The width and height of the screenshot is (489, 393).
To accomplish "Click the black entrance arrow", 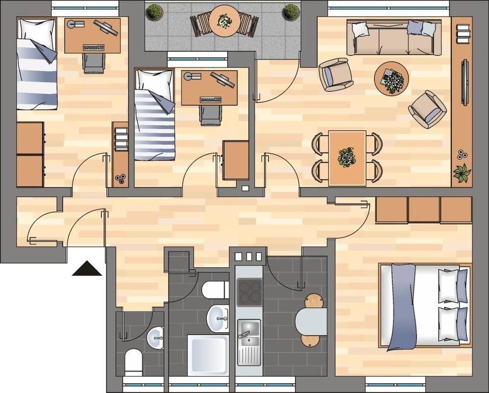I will coord(87,268).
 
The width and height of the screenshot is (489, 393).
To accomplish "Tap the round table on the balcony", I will coord(224,21).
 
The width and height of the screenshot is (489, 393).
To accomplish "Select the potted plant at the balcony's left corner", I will coord(154,12).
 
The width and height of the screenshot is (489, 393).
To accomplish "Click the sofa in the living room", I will coord(394,37).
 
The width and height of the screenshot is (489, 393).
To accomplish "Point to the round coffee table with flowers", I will coord(391,78).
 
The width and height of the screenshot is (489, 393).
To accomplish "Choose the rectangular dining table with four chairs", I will coord(347,157).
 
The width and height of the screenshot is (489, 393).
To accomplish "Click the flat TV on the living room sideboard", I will coord(465,82).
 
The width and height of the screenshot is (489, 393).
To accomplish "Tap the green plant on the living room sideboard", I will coord(462,173).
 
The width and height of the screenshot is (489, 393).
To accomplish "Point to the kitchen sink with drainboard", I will coord(249,341).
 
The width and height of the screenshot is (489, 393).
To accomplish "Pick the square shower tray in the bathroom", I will coord(208,355).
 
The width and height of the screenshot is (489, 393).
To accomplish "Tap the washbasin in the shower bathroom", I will coord(218,318).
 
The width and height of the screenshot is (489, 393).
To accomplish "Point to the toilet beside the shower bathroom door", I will coord(214,290).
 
